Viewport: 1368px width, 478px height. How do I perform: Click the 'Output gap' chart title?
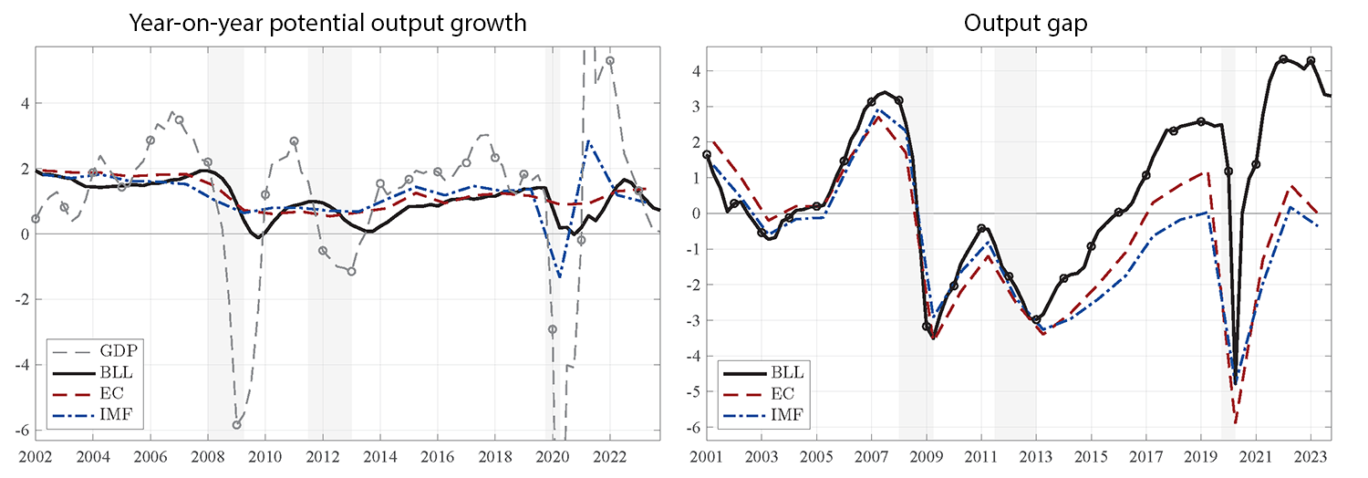(1025, 22)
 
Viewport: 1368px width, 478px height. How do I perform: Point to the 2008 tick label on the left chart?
(208, 456)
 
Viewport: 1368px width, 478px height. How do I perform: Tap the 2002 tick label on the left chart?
(35, 456)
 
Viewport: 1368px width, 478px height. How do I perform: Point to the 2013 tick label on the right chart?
(1036, 456)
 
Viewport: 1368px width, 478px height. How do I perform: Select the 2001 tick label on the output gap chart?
(707, 456)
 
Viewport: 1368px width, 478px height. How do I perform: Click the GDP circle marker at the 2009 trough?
(236, 424)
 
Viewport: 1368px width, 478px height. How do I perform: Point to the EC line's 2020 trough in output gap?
(1236, 422)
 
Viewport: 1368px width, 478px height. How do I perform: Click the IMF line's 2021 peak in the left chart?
(588, 142)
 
